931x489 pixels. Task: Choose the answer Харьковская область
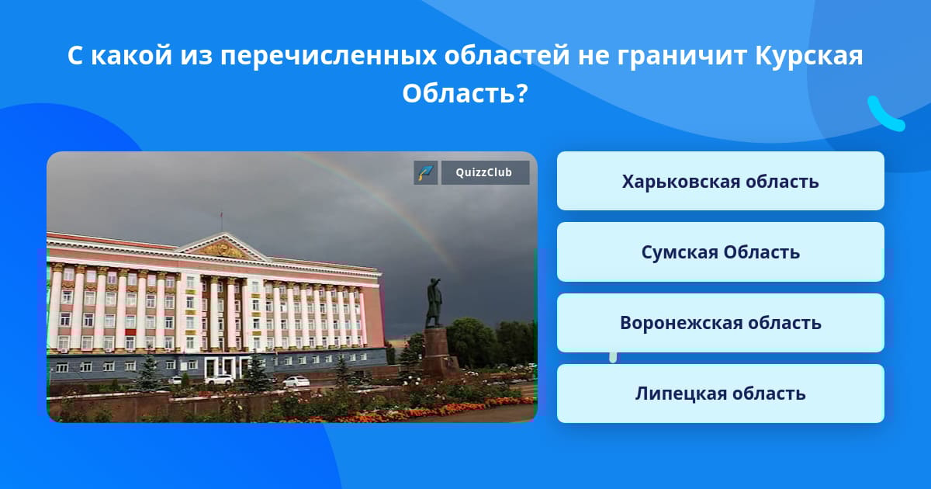(x=720, y=181)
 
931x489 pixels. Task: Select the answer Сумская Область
(x=720, y=252)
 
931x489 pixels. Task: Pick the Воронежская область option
(x=720, y=323)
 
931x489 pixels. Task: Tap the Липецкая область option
(x=720, y=394)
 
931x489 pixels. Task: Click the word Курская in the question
(x=808, y=56)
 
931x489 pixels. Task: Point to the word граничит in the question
(x=682, y=56)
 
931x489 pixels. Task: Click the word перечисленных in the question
(x=328, y=57)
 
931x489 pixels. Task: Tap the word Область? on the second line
(x=465, y=92)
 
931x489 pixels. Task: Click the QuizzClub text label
(x=484, y=172)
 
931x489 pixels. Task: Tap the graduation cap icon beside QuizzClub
(x=426, y=172)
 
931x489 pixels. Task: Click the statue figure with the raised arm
(x=434, y=302)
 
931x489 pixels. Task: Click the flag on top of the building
(x=222, y=216)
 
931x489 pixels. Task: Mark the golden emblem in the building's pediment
(x=223, y=250)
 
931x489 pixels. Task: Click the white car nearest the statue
(x=296, y=381)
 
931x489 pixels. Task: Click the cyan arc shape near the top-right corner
(x=884, y=116)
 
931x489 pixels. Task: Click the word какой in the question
(x=132, y=56)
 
